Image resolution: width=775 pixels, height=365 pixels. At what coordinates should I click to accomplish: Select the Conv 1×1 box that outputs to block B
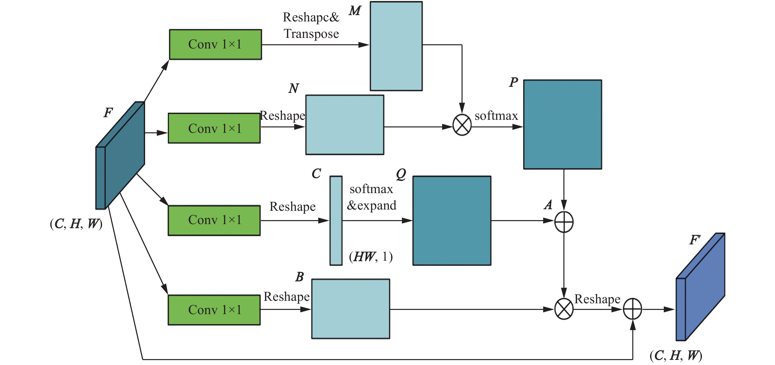[x=214, y=310]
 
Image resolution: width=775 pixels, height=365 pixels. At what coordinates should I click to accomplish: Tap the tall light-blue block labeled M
[x=396, y=46]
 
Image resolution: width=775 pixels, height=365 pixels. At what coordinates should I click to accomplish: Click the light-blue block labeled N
[x=344, y=125]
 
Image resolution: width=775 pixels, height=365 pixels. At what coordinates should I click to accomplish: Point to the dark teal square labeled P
[x=562, y=124]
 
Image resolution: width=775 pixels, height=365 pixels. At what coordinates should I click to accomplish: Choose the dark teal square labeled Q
[x=451, y=220]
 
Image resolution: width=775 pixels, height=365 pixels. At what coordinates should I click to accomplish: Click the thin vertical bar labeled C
[x=336, y=220]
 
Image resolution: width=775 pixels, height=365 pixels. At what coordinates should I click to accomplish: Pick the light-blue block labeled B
[x=351, y=309]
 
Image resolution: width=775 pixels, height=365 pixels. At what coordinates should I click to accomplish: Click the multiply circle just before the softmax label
[x=462, y=125]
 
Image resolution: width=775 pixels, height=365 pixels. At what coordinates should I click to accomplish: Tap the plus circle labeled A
[x=563, y=222]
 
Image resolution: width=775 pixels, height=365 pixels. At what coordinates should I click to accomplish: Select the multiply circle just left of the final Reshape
[x=563, y=309]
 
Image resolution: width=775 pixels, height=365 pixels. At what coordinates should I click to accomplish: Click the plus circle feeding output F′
[x=632, y=309]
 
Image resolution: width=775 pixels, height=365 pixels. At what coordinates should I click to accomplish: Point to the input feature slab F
[x=120, y=155]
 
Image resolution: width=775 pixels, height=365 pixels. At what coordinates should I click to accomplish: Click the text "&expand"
[x=372, y=205]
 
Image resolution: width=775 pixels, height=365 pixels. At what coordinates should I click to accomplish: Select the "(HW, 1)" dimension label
[x=371, y=257]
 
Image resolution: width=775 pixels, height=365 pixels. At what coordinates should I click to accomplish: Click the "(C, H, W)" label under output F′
[x=676, y=355]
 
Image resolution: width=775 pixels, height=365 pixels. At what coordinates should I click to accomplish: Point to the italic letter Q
[x=401, y=174]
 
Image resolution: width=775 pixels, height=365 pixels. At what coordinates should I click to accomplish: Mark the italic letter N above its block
[x=294, y=88]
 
